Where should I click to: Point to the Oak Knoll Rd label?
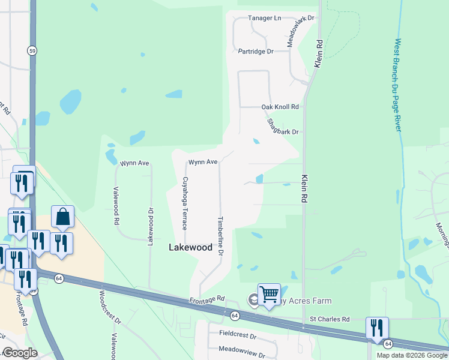[280, 107]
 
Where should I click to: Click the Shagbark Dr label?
[283, 127]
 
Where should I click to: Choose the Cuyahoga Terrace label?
[185, 203]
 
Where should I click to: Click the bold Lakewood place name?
[190, 247]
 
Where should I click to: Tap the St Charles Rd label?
[329, 319]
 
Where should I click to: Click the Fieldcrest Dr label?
[238, 337]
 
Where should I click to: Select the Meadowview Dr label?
[242, 349]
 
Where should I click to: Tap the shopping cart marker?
[270, 295]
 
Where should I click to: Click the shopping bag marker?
[62, 217]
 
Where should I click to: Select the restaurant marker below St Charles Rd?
[378, 328]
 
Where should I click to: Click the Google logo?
[20, 353]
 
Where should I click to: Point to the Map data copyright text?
[411, 355]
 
